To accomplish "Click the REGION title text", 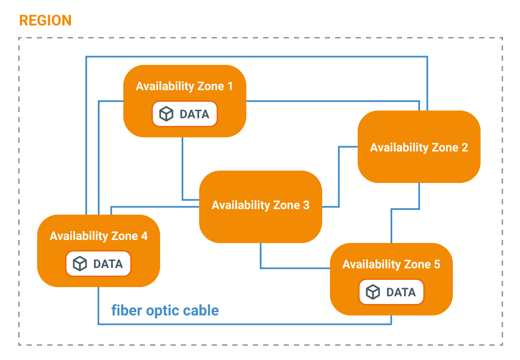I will (45, 21).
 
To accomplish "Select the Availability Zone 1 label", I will (184, 86).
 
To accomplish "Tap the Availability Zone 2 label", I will (419, 148).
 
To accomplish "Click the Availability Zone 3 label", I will (260, 205).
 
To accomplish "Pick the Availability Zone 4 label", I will (98, 236).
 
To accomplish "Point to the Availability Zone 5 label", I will (391, 264).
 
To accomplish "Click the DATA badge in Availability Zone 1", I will (185, 114).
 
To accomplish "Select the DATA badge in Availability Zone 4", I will (98, 264).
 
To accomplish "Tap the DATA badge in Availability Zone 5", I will (391, 292).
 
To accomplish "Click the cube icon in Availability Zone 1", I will (166, 114).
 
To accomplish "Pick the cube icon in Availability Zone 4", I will (80, 264).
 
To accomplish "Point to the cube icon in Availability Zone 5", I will (373, 292).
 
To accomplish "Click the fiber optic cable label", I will (165, 310).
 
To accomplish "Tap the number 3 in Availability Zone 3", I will (306, 205).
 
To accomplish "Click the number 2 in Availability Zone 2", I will (464, 148).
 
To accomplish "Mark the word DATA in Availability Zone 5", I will (401, 292).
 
